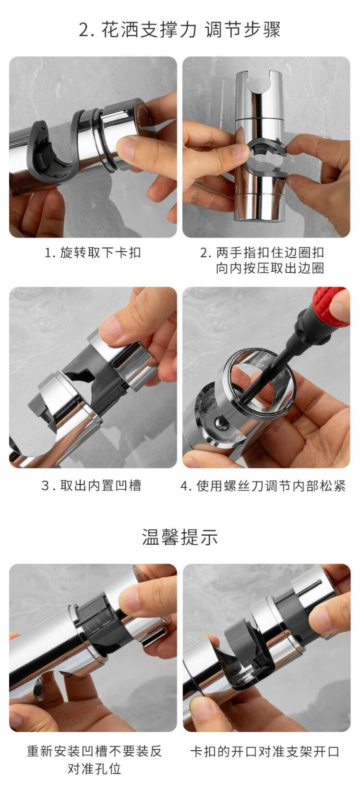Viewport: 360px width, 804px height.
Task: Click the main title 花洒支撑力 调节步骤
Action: (x=180, y=30)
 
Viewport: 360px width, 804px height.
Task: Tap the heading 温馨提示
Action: (x=180, y=537)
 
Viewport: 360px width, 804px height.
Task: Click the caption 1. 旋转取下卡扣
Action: (x=93, y=252)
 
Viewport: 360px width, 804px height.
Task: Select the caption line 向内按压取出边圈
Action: (x=270, y=268)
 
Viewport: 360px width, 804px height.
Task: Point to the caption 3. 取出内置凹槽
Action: (x=91, y=486)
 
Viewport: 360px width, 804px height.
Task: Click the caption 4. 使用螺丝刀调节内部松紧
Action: (x=263, y=486)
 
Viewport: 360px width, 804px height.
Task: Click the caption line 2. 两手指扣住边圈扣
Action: (x=263, y=252)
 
